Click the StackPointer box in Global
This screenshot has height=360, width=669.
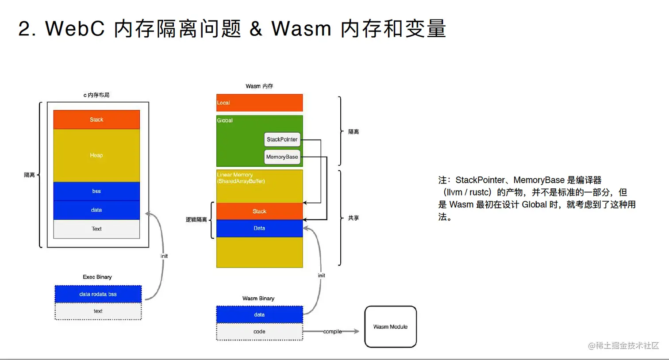[x=282, y=139]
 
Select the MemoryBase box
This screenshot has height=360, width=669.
[x=282, y=157]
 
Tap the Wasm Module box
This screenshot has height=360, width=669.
[x=390, y=327]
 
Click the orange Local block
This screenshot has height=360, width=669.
[x=259, y=103]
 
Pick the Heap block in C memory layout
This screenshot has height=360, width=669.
[x=96, y=155]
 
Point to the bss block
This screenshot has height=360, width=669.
[x=96, y=191]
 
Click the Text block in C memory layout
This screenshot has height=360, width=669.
[x=96, y=229]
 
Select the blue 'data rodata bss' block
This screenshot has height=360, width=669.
[x=98, y=294]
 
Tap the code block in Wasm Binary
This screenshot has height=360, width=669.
[x=259, y=332]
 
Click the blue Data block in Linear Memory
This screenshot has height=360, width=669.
[x=259, y=228]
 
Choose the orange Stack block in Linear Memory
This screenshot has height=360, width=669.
[x=259, y=211]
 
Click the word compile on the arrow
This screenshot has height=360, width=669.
[x=332, y=331]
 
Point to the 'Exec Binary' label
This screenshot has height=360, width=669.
[x=97, y=277]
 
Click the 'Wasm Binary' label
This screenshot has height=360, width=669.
[x=258, y=299]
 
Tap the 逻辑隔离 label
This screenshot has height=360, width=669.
[x=196, y=220]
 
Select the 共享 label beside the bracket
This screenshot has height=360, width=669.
[x=354, y=218]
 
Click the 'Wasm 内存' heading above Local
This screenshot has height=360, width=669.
[x=259, y=86]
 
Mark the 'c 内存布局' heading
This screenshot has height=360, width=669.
[x=96, y=95]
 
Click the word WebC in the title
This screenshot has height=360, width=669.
[x=75, y=29]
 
